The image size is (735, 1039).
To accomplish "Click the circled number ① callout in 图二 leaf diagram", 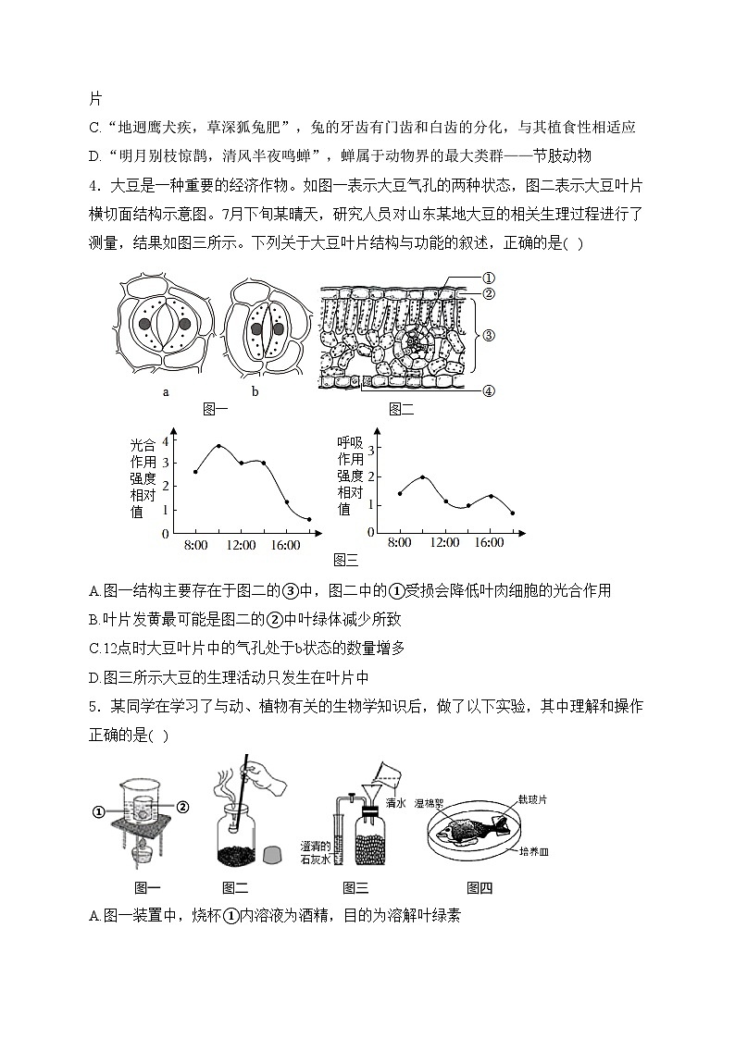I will tap(488, 278).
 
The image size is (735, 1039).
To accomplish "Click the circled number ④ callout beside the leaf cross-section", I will tap(488, 390).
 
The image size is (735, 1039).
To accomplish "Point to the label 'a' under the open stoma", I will tap(166, 391).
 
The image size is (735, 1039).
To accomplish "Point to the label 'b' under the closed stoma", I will tap(255, 391).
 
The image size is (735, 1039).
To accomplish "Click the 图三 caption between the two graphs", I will tap(344, 559).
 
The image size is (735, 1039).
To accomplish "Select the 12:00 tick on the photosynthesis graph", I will tap(241, 545).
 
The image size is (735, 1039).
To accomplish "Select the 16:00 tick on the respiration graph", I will tap(488, 544).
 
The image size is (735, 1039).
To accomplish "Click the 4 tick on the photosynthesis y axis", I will tap(166, 439).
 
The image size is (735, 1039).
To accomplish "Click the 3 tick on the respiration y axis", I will tap(370, 450).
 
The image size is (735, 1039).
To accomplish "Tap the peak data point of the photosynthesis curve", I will tap(218, 446).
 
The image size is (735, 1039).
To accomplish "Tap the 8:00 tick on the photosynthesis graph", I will tap(195, 545).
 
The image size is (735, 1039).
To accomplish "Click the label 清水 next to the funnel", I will tap(396, 803).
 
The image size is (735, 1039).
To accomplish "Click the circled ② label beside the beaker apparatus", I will tap(182, 807).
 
